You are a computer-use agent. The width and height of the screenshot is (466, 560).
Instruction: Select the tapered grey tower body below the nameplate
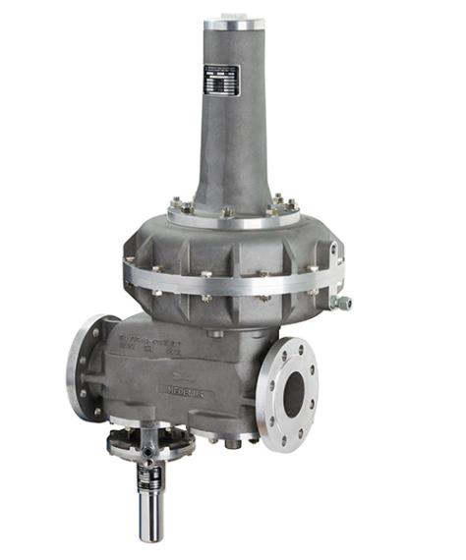tap(233, 157)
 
